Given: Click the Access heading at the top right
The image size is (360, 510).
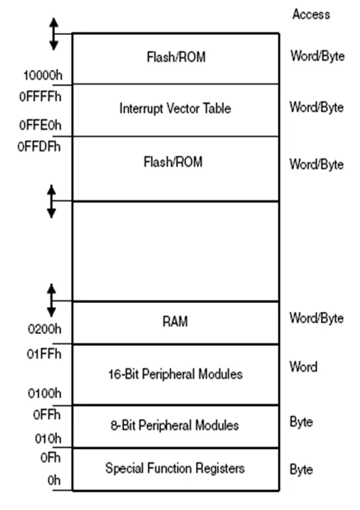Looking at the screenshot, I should click(311, 14).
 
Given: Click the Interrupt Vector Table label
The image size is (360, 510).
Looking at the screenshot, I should click(176, 108).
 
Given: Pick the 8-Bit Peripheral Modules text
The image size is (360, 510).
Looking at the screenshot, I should click(176, 425).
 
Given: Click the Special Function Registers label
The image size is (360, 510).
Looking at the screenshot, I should click(176, 468).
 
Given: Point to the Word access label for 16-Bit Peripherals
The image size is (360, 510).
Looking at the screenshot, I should click(304, 368).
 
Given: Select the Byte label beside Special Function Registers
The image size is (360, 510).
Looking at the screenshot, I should click(302, 470).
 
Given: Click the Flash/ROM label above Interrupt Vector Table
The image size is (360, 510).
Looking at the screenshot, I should click(176, 58).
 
